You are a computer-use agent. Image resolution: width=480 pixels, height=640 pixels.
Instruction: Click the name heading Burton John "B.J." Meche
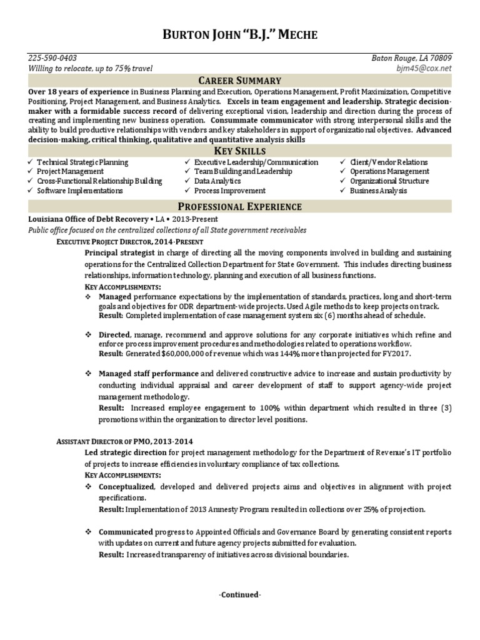(x=240, y=36)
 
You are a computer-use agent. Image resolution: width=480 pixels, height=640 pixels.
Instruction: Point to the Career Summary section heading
(x=240, y=81)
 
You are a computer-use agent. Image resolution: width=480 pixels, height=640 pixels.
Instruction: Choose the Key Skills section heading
(x=240, y=151)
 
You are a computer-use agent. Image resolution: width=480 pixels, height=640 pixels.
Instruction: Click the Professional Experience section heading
(x=240, y=206)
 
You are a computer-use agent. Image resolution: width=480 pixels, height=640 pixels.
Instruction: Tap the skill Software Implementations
(x=79, y=191)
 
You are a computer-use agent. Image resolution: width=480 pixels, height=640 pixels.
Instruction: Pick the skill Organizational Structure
(x=389, y=181)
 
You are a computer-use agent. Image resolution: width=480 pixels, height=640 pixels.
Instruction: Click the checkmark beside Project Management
(x=31, y=172)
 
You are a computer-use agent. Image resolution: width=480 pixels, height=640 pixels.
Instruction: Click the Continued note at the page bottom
(x=240, y=595)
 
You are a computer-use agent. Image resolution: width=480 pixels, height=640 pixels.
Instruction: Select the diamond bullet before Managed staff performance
(x=88, y=374)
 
